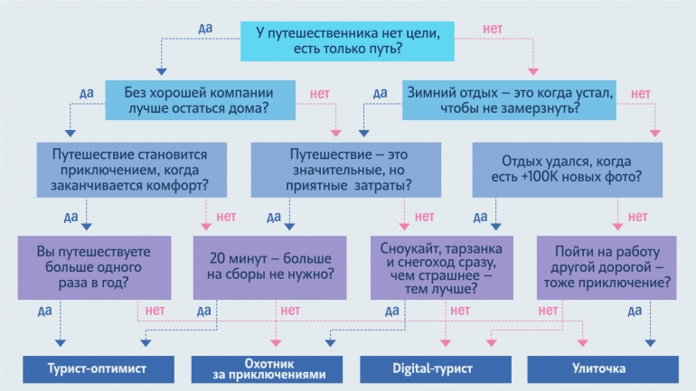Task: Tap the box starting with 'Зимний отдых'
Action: [511, 100]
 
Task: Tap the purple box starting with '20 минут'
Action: [269, 267]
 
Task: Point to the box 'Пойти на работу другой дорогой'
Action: [605, 267]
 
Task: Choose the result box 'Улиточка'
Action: [598, 369]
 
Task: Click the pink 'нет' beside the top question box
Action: [494, 30]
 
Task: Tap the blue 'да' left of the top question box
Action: [205, 29]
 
